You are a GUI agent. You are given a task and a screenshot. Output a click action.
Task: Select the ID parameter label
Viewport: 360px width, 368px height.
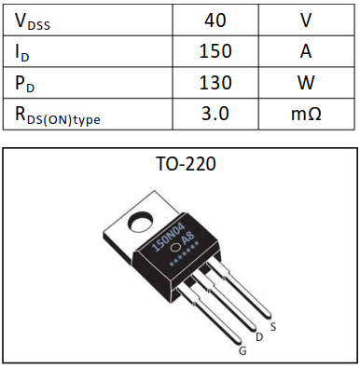[x=24, y=51]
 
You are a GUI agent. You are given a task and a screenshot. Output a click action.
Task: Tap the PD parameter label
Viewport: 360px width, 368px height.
[x=25, y=83]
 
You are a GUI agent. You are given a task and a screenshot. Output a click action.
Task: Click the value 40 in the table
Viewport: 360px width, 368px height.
[x=215, y=19]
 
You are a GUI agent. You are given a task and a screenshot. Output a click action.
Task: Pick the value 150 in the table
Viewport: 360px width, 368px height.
[x=215, y=51]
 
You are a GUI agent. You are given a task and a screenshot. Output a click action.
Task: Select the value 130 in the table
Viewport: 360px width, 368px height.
[x=215, y=83]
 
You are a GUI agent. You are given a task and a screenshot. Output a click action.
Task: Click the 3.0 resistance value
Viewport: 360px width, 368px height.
[x=215, y=115]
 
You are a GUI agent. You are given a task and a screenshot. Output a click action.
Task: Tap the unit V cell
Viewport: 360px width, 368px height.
[x=305, y=19]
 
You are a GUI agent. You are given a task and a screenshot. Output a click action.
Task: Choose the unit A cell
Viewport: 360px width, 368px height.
[x=305, y=51]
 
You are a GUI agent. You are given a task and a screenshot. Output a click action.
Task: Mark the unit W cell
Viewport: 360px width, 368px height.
[x=305, y=83]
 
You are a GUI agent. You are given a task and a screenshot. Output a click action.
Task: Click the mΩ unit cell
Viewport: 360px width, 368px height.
[x=305, y=115]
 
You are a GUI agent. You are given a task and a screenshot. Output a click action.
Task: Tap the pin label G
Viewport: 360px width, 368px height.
[x=242, y=351]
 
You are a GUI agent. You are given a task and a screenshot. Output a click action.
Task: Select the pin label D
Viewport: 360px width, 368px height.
[x=258, y=338]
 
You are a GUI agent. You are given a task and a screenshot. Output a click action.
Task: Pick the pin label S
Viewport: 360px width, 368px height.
[x=272, y=326]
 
